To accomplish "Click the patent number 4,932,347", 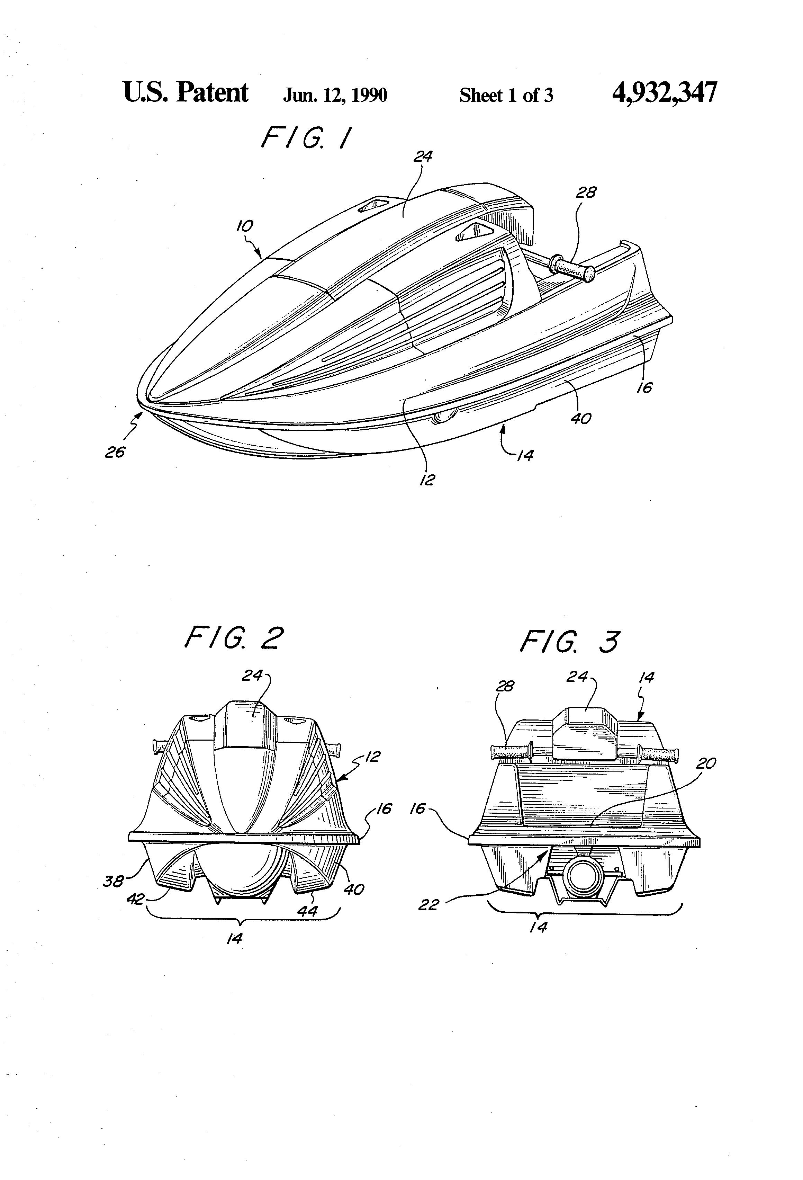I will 665,93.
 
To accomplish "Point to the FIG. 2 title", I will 234,638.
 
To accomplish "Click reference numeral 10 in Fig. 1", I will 245,226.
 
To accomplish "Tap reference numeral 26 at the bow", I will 115,452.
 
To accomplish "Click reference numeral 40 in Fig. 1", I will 581,419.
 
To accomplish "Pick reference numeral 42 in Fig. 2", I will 135,899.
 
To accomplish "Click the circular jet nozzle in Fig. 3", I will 584,879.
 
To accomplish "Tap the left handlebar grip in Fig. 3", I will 511,752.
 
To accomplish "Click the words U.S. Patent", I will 186,93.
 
